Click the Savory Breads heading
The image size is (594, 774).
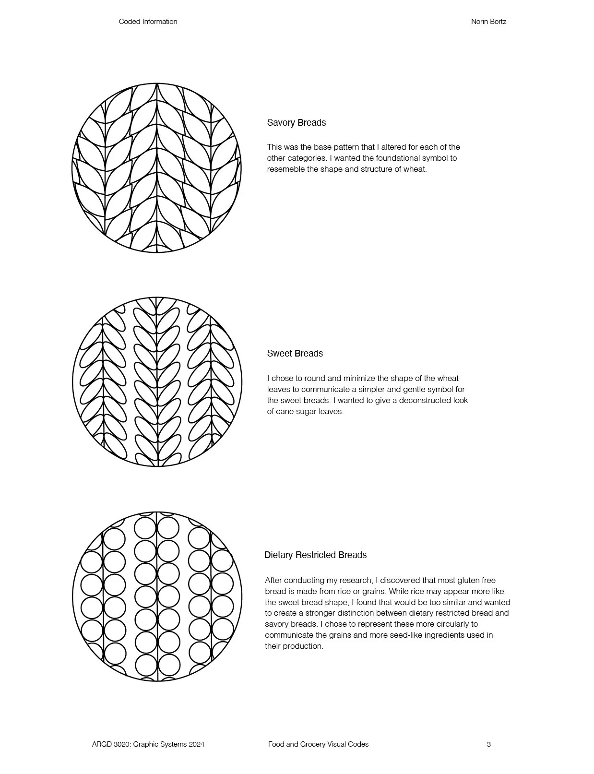pyautogui.click(x=296, y=123)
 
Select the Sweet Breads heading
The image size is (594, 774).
pyautogui.click(x=295, y=354)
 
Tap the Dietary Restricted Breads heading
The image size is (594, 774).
pyautogui.click(x=315, y=555)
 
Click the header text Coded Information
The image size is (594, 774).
pyautogui.click(x=148, y=22)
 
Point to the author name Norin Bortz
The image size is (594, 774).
pyautogui.click(x=488, y=22)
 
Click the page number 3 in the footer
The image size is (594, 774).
pyautogui.click(x=488, y=744)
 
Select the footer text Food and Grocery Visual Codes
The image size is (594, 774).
pyautogui.click(x=318, y=744)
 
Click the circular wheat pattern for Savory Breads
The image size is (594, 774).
pyautogui.click(x=156, y=167)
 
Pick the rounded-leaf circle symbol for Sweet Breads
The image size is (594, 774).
pyautogui.click(x=157, y=381)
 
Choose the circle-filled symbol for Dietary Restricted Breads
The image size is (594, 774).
pyautogui.click(x=157, y=596)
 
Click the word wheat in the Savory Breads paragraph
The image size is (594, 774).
pyautogui.click(x=416, y=169)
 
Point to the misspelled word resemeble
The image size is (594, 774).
pyautogui.click(x=286, y=169)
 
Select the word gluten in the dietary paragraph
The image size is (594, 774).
pyautogui.click(x=449, y=581)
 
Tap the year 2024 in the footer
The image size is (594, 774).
pyautogui.click(x=196, y=744)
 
